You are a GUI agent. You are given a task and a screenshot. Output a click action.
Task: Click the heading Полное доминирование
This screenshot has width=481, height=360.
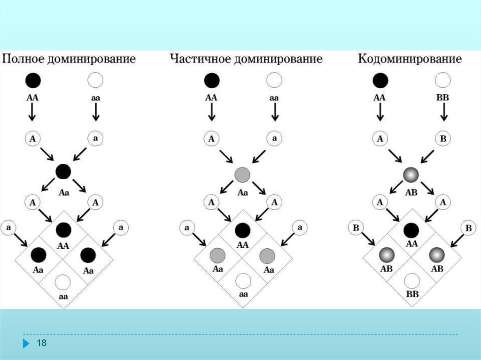pyautogui.click(x=70, y=60)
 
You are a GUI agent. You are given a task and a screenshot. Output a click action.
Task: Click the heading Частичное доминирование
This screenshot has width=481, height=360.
pyautogui.click(x=246, y=60)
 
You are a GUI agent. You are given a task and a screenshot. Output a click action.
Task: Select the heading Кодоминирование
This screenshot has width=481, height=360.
pyautogui.click(x=410, y=60)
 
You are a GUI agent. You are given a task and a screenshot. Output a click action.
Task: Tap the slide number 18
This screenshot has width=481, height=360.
pyautogui.click(x=42, y=344)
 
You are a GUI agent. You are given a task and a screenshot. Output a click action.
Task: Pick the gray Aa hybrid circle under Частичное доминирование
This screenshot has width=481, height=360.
pyautogui.click(x=242, y=175)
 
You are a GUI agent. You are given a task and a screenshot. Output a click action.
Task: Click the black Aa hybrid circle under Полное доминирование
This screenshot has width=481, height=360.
pyautogui.click(x=63, y=171)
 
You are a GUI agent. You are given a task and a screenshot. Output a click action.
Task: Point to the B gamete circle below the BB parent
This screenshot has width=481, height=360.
pyautogui.click(x=443, y=138)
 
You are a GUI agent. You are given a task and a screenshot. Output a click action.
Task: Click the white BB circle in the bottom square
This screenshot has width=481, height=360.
pyautogui.click(x=412, y=281)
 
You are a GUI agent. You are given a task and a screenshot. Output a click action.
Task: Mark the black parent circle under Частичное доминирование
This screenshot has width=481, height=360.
pyautogui.click(x=211, y=80)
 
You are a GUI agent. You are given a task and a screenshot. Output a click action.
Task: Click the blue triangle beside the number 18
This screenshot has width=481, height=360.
pyautogui.click(x=25, y=344)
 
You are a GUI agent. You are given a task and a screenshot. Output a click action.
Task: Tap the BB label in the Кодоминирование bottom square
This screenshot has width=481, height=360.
pyautogui.click(x=412, y=294)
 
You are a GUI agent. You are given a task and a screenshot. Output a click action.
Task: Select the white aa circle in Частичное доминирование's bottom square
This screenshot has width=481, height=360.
pyautogui.click(x=243, y=281)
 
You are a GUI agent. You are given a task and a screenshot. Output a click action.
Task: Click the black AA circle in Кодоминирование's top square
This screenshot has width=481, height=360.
pyautogui.click(x=411, y=230)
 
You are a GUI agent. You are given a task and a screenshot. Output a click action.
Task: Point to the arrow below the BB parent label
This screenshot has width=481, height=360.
pyautogui.click(x=443, y=113)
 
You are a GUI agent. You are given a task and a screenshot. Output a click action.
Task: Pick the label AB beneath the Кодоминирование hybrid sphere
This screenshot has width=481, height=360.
pyautogui.click(x=411, y=192)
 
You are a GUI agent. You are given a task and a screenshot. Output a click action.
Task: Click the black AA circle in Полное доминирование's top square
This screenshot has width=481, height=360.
pyautogui.click(x=63, y=230)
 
